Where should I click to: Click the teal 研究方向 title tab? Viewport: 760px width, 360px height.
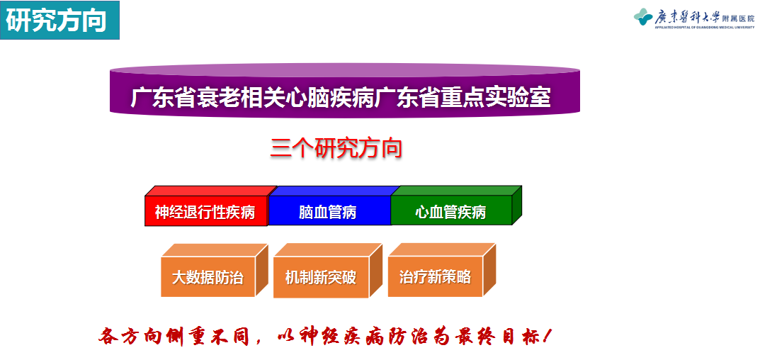(59, 21)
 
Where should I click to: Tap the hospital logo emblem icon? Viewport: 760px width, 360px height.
(643, 17)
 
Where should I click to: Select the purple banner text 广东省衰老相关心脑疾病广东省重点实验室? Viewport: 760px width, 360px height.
(341, 97)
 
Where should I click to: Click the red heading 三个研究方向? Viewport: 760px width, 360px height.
(336, 148)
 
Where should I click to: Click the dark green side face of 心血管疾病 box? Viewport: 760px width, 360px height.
(517, 206)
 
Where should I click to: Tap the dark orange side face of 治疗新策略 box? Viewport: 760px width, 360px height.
(489, 270)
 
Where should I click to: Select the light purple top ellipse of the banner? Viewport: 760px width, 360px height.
(345, 70)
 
